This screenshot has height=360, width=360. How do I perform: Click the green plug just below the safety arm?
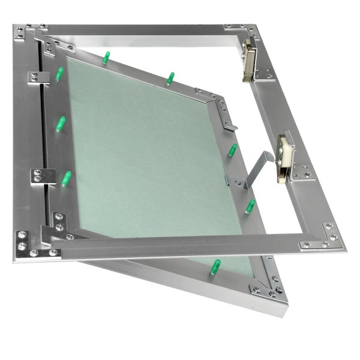coord(250,206)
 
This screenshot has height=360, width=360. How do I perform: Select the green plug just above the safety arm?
coord(232,150)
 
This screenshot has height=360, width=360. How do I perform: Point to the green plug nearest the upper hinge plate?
coord(59,74)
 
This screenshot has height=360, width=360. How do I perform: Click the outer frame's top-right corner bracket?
coord(235,29)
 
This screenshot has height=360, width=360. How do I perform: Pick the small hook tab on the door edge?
coord(230,125)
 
